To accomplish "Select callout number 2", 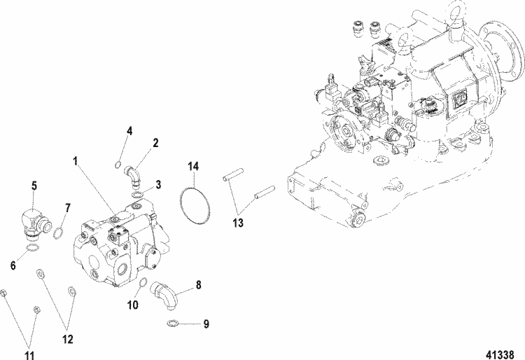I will coord(155,142).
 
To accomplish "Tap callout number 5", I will coord(34,186).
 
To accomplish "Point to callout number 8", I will coord(198,285).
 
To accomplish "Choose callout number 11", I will coord(29,336).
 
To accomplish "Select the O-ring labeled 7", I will coord(60,232).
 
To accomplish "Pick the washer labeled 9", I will coord(173,324).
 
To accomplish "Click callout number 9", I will coord(205,324).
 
